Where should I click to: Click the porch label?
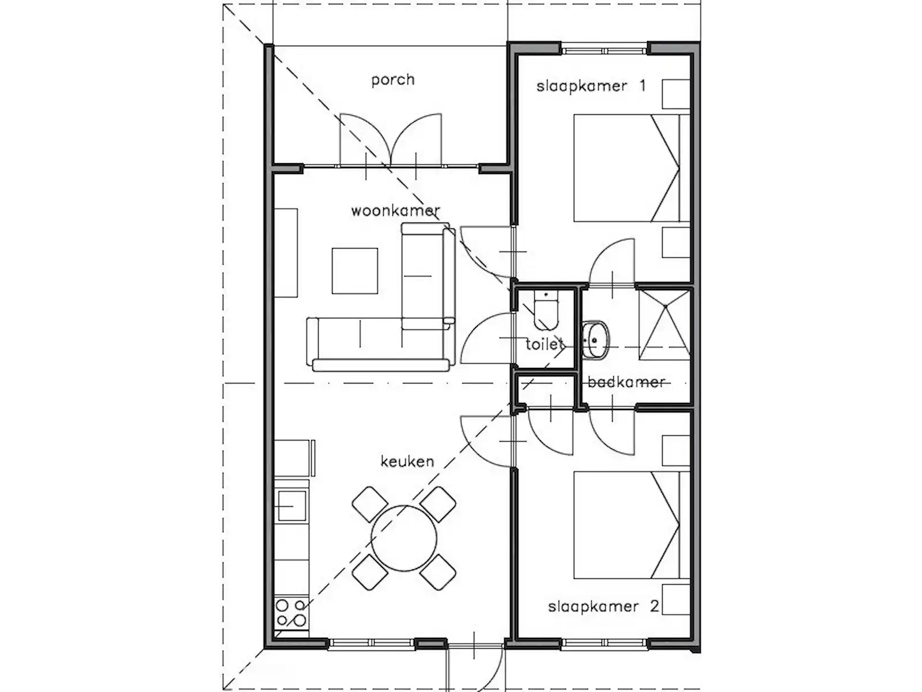point(393,80)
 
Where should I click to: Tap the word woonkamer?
point(395,210)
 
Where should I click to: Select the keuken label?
point(407,461)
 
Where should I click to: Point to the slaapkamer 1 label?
point(591,86)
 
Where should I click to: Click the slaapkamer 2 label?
point(603,607)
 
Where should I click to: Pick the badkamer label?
point(626,382)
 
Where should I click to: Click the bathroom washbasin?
point(595,340)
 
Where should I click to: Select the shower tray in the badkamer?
point(664,325)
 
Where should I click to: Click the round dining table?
point(404,538)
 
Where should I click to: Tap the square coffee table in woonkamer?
point(354,271)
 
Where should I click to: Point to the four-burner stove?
point(291,614)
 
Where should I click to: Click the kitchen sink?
point(291,506)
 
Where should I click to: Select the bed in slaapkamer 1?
point(632,168)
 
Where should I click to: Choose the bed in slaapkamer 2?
point(632,525)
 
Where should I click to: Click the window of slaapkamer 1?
point(604,51)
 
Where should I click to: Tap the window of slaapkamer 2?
point(604,643)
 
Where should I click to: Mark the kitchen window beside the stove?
point(371,643)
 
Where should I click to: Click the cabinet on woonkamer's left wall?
point(286,253)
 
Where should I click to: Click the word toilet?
point(545,344)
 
